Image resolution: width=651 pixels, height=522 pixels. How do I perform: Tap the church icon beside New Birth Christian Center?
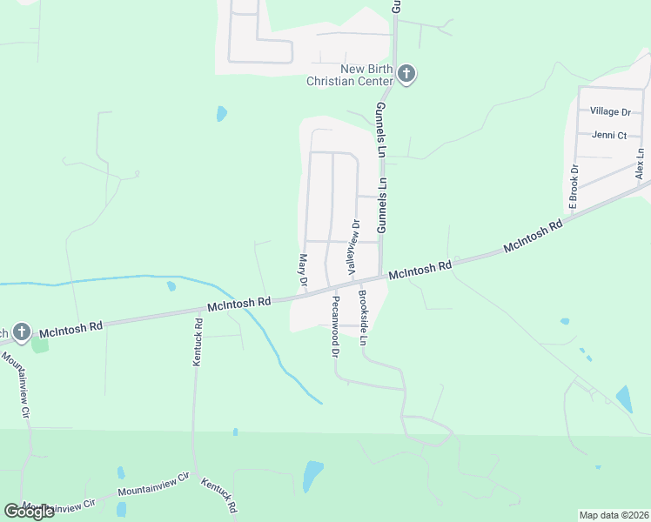point(406,74)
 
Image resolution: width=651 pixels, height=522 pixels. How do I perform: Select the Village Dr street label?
point(609,111)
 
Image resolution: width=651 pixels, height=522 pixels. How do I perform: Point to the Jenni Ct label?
point(608,135)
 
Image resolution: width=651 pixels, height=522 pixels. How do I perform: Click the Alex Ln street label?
point(640,164)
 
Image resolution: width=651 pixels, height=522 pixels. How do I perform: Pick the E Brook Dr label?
point(574,188)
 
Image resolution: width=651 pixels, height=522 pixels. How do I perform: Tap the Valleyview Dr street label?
point(354,248)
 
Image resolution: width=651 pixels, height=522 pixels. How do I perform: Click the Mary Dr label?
point(303,271)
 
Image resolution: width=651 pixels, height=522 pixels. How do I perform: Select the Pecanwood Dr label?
point(334,326)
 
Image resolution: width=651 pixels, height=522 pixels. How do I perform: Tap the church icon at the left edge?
point(22,331)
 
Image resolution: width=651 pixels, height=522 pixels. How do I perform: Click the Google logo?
point(29,511)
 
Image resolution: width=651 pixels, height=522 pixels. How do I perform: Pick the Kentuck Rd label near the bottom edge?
point(218,494)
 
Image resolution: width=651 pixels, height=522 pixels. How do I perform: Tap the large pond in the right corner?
point(624,398)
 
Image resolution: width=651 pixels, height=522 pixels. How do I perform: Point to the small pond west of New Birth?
point(221,113)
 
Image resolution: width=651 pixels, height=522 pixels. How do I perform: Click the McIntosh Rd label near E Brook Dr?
point(533,237)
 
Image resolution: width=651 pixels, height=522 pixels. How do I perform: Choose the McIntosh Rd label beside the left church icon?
point(73,326)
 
